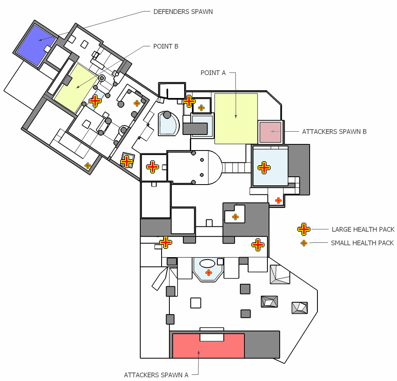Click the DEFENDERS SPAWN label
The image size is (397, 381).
pos(183,11)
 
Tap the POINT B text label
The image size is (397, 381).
pos(166,46)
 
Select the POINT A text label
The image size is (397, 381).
pos(213,73)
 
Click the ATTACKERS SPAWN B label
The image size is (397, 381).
pos(334,132)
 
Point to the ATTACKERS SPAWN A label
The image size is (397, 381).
pos(156,375)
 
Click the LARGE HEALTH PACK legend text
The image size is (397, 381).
pos(363,229)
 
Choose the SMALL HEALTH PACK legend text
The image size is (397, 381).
pos(362,243)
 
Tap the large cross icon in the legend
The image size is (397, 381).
pos(304,229)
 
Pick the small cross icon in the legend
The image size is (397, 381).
pos(304,243)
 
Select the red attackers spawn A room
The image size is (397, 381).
pos(208,346)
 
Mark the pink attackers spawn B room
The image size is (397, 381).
pos(270,132)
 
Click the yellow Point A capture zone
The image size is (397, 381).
pos(236,119)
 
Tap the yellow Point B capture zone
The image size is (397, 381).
pos(76,88)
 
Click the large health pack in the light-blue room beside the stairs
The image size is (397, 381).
pos(264,168)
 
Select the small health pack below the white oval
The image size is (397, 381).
pos(209,273)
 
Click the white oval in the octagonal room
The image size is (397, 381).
pos(208,263)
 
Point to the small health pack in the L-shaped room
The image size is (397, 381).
pos(235,217)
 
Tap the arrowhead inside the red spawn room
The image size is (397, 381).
pos(199,352)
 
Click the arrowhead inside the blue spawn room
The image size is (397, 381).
pos(40,40)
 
